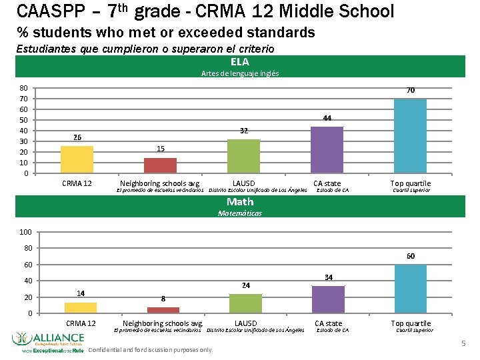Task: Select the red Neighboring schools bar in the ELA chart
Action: click(160, 166)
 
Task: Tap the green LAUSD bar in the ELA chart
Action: click(243, 157)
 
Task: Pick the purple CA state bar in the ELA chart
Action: click(327, 150)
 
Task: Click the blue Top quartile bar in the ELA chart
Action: click(410, 136)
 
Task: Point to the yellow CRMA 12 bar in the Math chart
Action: click(81, 308)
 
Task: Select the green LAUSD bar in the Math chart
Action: click(245, 303)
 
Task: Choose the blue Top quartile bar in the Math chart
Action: click(410, 289)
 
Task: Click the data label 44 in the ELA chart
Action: click(327, 118)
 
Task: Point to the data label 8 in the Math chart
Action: click(163, 299)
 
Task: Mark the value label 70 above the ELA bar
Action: click(411, 90)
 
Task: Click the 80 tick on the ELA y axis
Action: click(23, 88)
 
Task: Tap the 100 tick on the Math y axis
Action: click(25, 232)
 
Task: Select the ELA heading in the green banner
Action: click(239, 62)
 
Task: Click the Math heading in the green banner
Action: click(239, 201)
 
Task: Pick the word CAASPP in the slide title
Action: click(47, 11)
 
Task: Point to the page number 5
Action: click(463, 343)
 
